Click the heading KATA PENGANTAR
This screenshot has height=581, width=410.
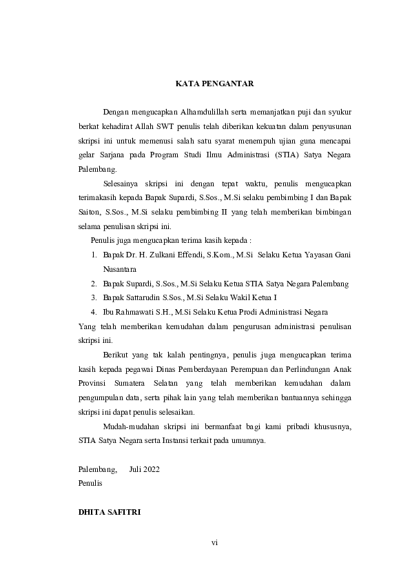pos(214,84)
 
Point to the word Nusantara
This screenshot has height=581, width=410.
pos(120,269)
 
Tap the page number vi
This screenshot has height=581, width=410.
pos(214,543)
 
